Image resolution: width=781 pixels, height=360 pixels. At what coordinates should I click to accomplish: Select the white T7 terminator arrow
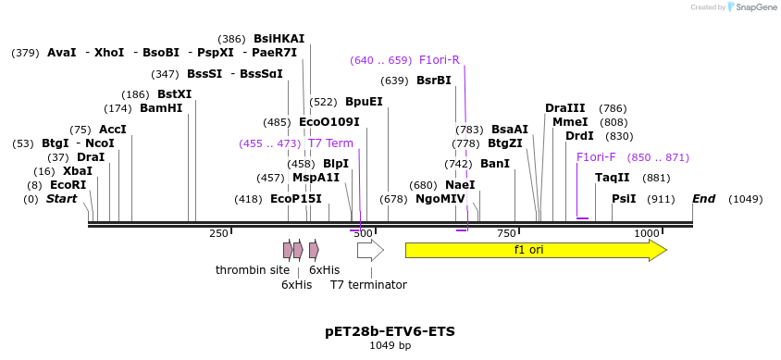point(370,250)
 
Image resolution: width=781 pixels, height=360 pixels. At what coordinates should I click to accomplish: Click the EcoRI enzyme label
point(68,185)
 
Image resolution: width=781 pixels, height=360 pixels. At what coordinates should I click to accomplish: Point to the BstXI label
point(174,94)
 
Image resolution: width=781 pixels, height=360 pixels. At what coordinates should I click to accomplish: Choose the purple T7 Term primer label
point(330,143)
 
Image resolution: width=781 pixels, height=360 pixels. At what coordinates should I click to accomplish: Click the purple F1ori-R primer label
point(439,60)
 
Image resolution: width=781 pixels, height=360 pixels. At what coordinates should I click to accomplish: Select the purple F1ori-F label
point(596,157)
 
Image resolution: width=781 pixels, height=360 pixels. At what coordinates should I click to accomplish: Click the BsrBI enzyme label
point(433,81)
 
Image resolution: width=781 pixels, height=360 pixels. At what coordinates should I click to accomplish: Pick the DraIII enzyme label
point(564,108)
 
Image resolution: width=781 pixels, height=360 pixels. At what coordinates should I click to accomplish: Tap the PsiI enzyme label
point(624,199)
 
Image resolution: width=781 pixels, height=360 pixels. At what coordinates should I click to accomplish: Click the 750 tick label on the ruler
point(506,233)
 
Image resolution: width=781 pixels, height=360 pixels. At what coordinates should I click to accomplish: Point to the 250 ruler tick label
point(218,233)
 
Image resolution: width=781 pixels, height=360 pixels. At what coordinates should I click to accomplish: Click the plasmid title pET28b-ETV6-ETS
point(390,330)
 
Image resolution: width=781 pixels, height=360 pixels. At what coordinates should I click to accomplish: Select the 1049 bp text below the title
point(390,345)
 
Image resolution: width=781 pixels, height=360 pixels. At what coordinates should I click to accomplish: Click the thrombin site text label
point(253,270)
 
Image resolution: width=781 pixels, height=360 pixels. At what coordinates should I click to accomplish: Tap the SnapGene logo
point(751,7)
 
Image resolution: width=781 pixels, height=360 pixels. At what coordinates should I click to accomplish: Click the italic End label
point(703,199)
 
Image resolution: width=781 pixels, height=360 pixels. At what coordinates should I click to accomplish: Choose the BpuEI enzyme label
point(364,102)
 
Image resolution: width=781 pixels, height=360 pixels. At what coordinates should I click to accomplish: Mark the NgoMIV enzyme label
point(440,199)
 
